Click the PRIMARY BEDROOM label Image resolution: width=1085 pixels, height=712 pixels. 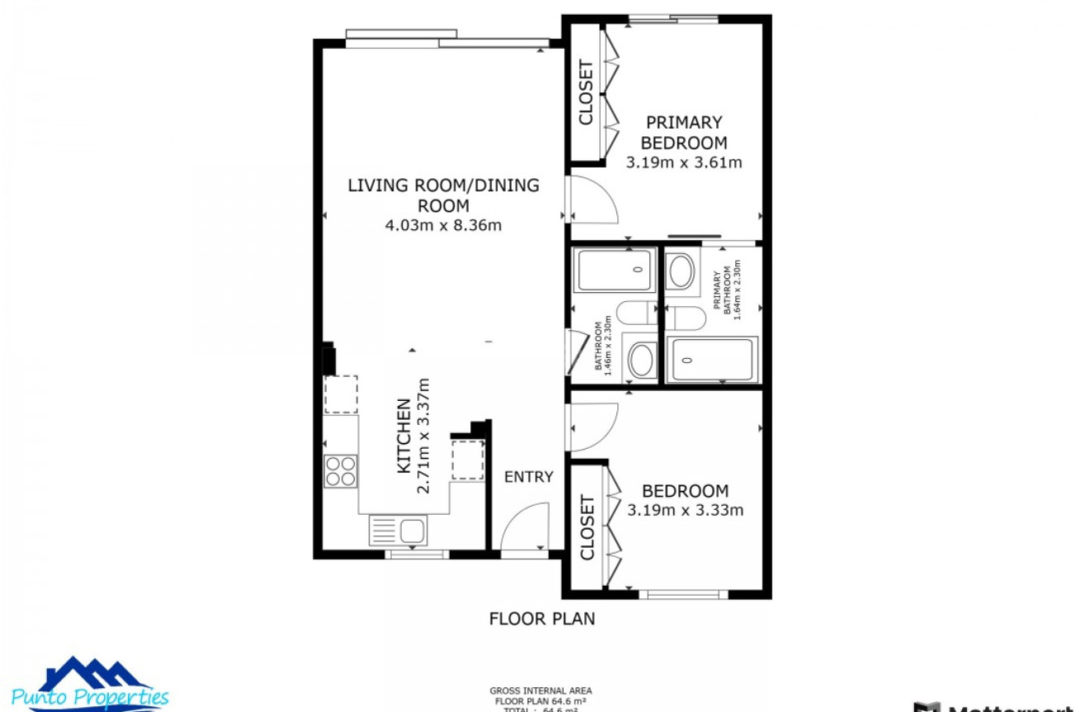click(x=684, y=132)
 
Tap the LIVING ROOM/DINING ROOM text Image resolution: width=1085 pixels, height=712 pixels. click(x=443, y=195)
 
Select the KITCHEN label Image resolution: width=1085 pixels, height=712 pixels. click(x=404, y=436)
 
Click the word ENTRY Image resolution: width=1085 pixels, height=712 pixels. click(x=528, y=477)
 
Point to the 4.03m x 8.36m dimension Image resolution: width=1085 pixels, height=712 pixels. click(x=443, y=224)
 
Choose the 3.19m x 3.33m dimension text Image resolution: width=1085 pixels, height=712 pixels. click(x=685, y=510)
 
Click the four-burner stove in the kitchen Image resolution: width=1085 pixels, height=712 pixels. click(x=341, y=471)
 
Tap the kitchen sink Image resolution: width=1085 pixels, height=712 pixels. click(x=398, y=530)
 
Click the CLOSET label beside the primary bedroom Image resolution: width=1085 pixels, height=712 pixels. click(x=587, y=92)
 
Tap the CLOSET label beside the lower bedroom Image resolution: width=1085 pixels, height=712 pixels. click(x=587, y=527)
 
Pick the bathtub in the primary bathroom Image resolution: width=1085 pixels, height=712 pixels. click(x=711, y=360)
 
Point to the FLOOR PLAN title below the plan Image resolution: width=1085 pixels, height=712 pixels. click(x=541, y=618)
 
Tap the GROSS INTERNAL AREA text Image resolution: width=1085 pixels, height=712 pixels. click(x=540, y=691)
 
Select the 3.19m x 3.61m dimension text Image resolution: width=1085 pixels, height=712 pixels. click(x=684, y=163)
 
